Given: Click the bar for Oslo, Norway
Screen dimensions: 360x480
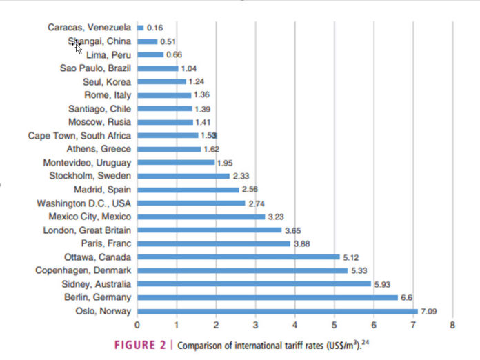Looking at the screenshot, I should [x=277, y=310].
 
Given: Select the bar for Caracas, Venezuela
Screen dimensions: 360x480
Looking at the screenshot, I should [x=140, y=28].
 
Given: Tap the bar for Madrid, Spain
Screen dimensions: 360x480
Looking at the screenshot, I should [x=188, y=189].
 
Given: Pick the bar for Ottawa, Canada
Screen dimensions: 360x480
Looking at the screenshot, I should [x=238, y=257].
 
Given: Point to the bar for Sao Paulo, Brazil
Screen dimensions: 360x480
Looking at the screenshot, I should [x=158, y=68].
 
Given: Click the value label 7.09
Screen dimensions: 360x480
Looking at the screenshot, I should [x=430, y=310].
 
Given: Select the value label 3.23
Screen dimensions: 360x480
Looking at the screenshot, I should [x=277, y=217].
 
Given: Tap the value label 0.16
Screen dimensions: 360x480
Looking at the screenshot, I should [x=155, y=28].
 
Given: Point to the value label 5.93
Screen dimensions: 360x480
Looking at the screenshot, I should [x=383, y=283].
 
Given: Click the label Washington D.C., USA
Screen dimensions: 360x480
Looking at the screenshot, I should [x=84, y=203].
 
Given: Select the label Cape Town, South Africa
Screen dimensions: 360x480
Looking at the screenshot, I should [x=80, y=136].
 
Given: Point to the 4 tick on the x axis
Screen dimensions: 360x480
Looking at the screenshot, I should [x=294, y=324].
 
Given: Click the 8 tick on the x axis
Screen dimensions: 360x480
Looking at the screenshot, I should [x=452, y=324].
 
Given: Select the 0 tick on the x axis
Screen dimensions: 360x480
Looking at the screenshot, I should [x=137, y=324].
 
